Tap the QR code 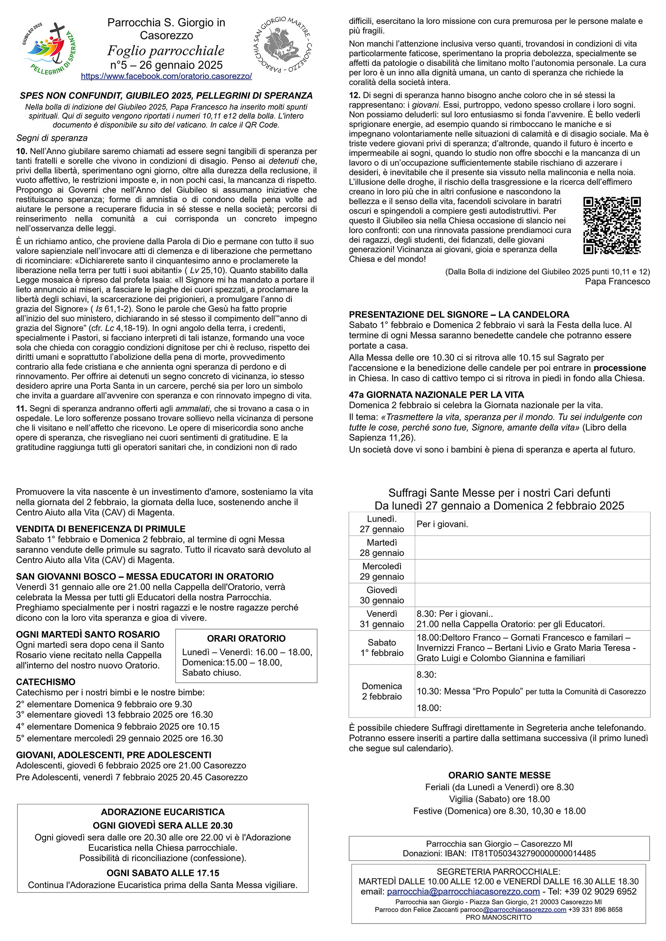(612, 225)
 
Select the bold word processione (620, 368)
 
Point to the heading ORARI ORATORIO (246, 638)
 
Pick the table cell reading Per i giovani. (442, 524)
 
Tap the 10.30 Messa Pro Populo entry (531, 691)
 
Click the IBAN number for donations (533, 853)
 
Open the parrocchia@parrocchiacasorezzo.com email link (463, 891)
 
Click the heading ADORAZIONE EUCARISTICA (163, 812)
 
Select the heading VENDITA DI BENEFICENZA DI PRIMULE (101, 529)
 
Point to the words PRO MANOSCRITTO (498, 917)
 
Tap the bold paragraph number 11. (21, 408)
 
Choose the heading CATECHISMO (46, 681)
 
